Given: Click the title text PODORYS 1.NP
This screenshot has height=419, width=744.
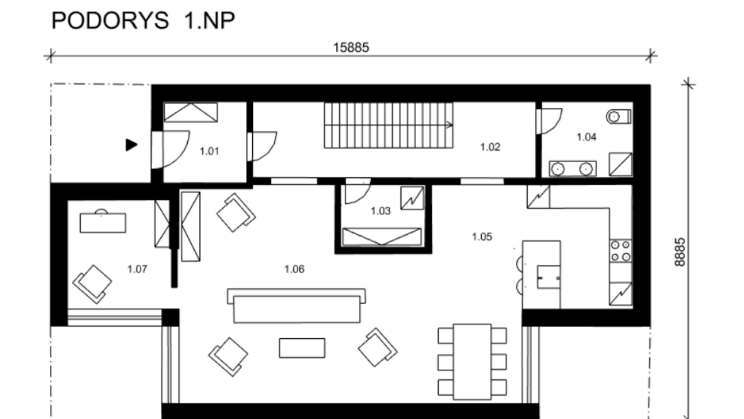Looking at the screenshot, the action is [x=143, y=21].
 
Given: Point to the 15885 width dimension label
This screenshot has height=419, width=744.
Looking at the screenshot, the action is [x=351, y=47].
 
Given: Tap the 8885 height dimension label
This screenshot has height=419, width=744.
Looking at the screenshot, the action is [x=680, y=252].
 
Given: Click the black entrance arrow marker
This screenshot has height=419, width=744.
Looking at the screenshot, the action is [x=131, y=145].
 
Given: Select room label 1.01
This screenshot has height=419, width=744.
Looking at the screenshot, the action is [x=209, y=151].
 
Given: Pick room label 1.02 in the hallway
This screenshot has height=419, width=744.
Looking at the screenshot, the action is [x=490, y=147].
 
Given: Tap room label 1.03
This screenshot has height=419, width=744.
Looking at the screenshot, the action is [x=381, y=211].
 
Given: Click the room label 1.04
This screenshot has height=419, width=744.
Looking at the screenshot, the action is [x=586, y=138].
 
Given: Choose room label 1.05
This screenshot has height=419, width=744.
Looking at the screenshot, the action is [x=482, y=237].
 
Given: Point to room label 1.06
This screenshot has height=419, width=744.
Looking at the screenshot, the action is [x=294, y=269].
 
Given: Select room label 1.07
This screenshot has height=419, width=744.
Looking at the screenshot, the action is [x=137, y=269].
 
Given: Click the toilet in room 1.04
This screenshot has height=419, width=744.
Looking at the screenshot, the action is [x=619, y=116].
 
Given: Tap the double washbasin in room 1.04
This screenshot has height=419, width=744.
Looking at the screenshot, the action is [x=573, y=168].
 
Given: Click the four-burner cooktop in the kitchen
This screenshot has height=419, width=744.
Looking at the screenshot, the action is [x=620, y=251].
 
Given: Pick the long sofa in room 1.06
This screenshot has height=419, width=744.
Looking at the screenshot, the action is [x=296, y=305].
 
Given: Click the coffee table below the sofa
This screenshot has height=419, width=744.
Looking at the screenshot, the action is [x=302, y=348].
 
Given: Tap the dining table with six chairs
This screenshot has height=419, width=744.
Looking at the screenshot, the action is [x=472, y=362].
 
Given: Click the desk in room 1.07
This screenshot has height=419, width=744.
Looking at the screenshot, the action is [x=103, y=222].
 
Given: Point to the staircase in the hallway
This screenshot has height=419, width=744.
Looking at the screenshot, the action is [x=388, y=126].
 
